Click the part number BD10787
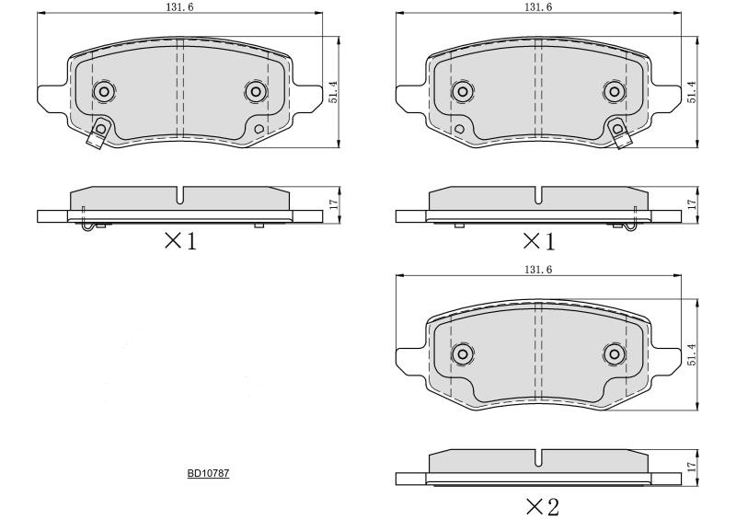(208, 473)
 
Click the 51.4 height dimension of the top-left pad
(334, 93)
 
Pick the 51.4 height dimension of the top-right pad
(692, 93)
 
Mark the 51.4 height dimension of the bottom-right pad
(692, 355)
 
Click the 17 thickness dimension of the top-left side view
(334, 204)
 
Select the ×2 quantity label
(543, 507)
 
